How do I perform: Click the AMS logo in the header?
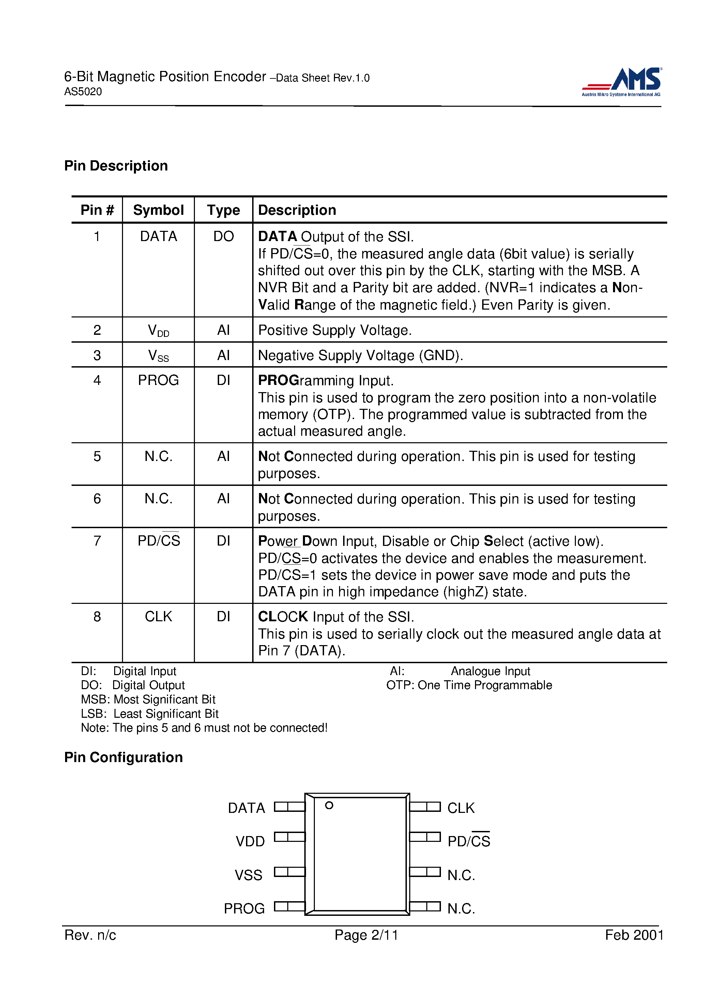pos(622,81)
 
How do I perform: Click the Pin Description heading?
pos(116,166)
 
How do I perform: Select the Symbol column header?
pos(158,210)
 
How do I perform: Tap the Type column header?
pos(223,210)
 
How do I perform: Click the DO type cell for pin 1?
pos(223,237)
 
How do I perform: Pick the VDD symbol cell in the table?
pos(158,331)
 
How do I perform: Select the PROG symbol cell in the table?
pos(158,381)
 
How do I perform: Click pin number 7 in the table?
pos(97,541)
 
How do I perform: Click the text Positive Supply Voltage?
pos(335,330)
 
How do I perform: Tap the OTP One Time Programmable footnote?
pos(469,685)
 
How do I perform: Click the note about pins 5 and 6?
pos(204,728)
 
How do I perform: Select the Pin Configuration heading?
pos(123,757)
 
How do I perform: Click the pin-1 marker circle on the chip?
pos(329,805)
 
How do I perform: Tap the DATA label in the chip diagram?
pos(246,808)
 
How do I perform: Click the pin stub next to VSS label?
pos(290,872)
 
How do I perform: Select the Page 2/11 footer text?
pos(366,935)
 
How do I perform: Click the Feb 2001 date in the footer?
pos(634,935)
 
